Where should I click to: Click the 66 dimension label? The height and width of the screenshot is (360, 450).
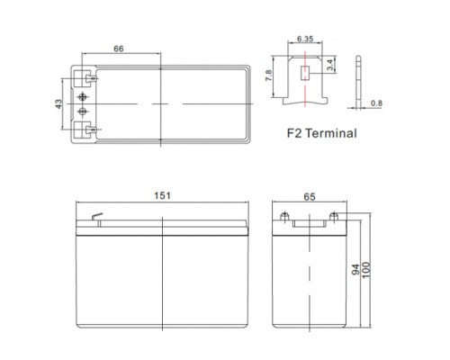click(119, 49)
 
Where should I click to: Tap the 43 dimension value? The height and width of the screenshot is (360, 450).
click(58, 103)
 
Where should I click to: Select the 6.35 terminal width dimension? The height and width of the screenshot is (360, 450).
click(305, 39)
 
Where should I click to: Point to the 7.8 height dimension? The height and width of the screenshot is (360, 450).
click(268, 76)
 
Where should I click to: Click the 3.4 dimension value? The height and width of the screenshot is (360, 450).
click(329, 65)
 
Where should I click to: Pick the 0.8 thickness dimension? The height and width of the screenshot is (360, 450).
click(376, 103)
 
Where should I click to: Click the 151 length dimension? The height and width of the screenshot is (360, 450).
click(162, 195)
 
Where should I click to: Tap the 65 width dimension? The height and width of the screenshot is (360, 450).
click(310, 197)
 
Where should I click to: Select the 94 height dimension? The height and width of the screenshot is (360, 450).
click(355, 269)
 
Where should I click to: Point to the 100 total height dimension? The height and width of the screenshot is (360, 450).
click(366, 270)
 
